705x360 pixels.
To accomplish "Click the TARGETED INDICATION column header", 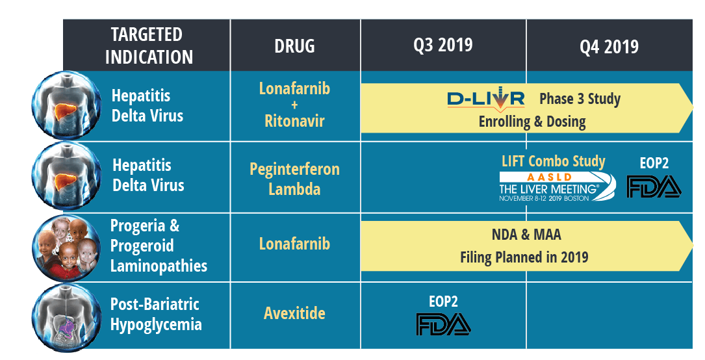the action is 149,46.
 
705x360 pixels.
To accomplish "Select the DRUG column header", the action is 294,46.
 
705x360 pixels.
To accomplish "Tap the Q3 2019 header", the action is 443,45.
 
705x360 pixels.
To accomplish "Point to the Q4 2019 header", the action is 609,46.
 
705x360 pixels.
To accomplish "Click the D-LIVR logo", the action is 485,100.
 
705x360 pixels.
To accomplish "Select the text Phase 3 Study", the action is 580,99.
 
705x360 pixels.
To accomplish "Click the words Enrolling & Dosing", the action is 532,122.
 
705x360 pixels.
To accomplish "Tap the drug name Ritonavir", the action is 294,121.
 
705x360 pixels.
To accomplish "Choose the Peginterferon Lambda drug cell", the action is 294,179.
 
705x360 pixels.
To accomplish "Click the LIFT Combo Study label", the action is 554,161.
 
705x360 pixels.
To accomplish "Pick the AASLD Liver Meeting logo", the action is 558,186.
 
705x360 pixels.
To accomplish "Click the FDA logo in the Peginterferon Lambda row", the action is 654,186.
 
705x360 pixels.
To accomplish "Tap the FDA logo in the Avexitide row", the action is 443,324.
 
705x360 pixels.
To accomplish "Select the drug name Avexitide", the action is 294,313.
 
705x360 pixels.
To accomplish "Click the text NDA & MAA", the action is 526,235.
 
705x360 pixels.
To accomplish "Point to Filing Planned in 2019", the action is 524,257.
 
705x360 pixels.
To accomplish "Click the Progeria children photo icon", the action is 66,248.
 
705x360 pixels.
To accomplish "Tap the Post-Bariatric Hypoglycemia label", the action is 156,314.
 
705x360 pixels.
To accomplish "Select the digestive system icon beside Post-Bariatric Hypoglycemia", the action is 66,318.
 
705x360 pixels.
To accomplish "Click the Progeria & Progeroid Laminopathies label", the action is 159,246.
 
